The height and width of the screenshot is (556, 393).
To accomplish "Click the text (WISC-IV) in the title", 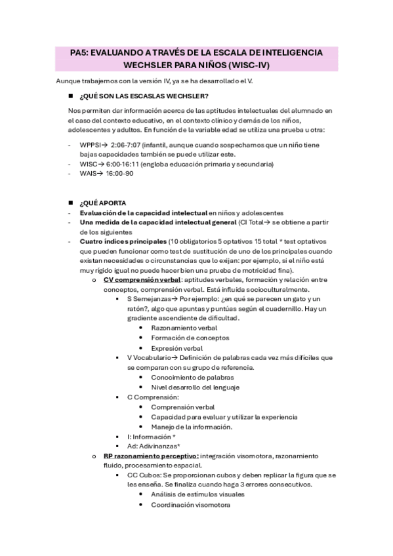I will coord(249,66).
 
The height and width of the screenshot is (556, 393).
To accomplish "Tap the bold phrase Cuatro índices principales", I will coord(123,241).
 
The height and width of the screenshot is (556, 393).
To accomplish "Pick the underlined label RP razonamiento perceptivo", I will coord(151,455).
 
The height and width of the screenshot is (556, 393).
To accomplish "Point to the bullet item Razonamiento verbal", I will coord(184,328).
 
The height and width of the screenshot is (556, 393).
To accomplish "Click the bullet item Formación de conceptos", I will coord(187,338).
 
